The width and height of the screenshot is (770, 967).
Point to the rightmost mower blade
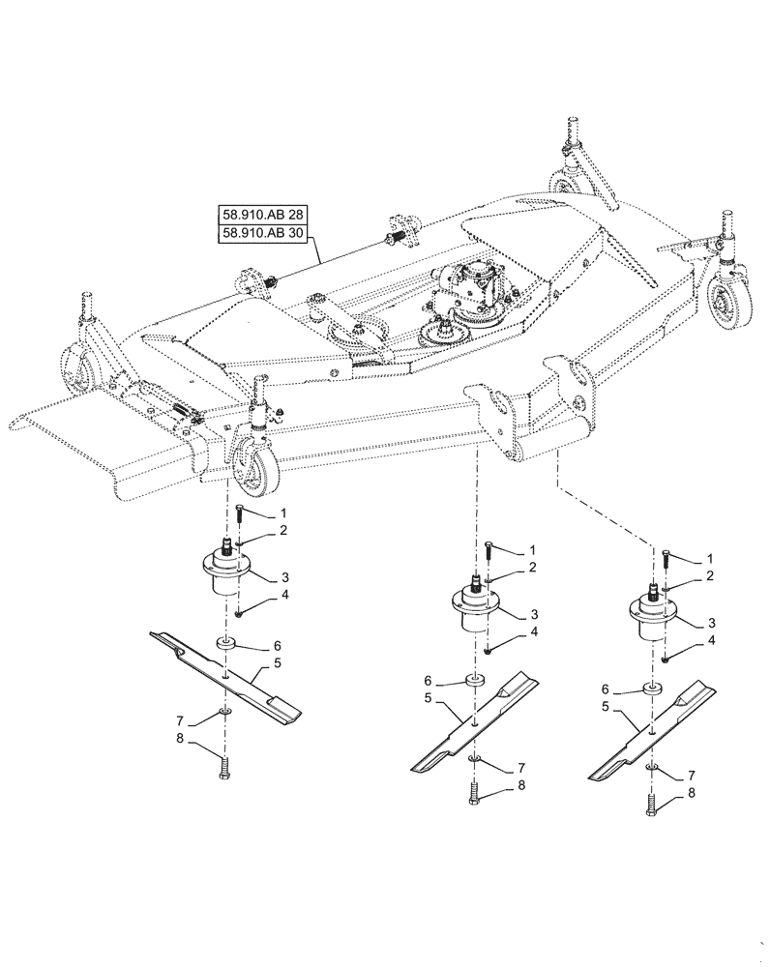click(x=654, y=732)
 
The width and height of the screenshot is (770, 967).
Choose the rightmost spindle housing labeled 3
click(x=653, y=615)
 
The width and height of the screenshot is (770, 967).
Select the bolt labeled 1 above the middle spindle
click(x=490, y=550)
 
